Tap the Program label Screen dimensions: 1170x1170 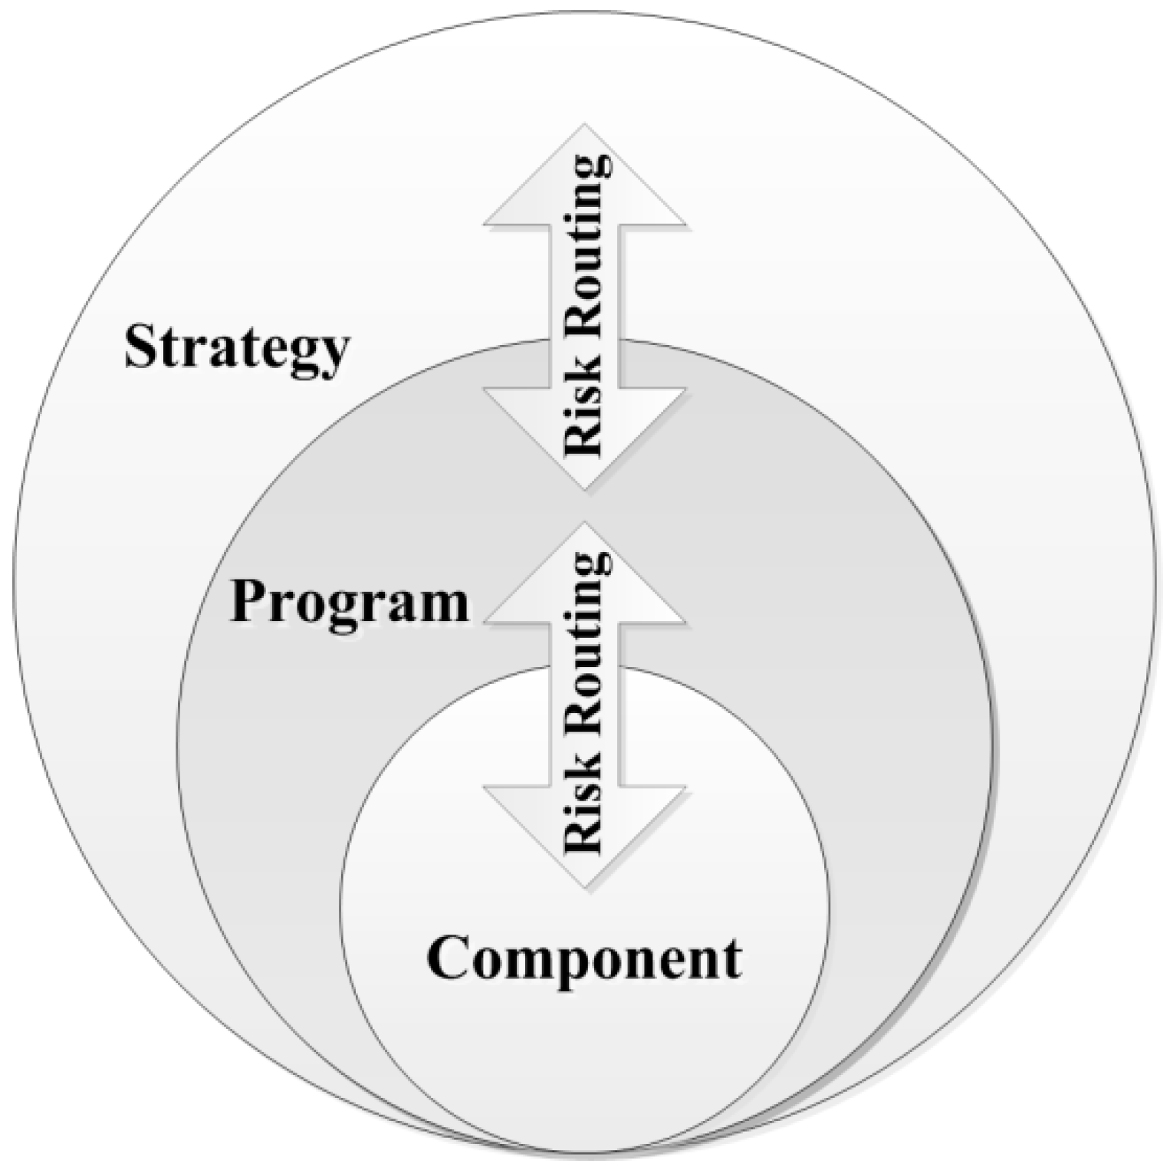click(x=349, y=603)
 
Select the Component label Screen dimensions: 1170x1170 click(x=584, y=958)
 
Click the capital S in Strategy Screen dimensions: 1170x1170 click(x=140, y=347)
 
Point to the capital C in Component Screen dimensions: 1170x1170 click(x=448, y=958)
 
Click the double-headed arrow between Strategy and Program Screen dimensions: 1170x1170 click(x=584, y=307)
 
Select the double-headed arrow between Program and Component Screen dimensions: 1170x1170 click(x=584, y=705)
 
